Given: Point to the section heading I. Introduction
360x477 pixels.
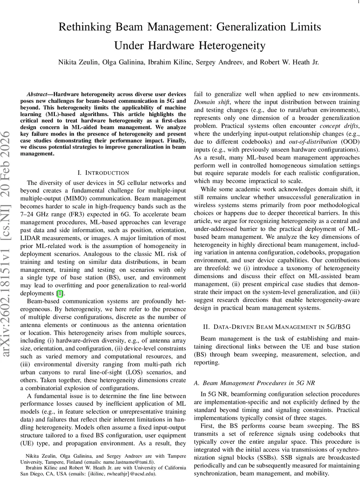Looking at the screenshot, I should pos(103,173).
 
